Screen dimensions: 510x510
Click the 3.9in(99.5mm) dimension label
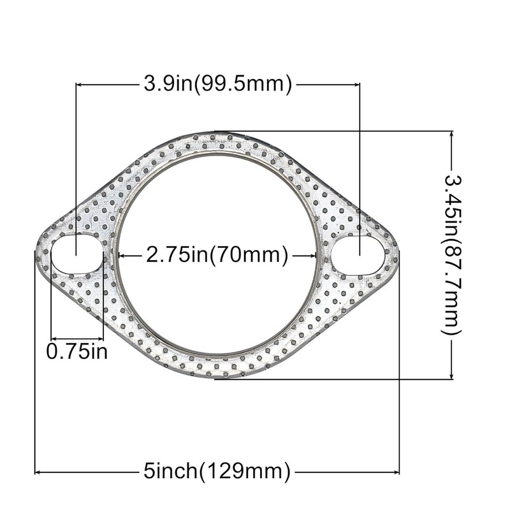(x=217, y=84)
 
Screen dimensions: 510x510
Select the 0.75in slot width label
(x=77, y=351)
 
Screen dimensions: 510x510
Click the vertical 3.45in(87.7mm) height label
(x=451, y=255)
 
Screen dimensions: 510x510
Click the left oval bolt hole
(x=76, y=255)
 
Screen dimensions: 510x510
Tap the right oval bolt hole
(x=358, y=256)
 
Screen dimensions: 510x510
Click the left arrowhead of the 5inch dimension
(x=38, y=472)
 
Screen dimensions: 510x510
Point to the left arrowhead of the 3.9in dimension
(x=80, y=84)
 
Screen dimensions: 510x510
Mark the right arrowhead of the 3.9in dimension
(x=356, y=84)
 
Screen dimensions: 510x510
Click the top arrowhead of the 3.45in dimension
(x=451, y=135)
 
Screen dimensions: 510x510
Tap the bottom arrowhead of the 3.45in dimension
(x=451, y=376)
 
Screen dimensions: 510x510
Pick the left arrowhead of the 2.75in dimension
(x=121, y=256)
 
